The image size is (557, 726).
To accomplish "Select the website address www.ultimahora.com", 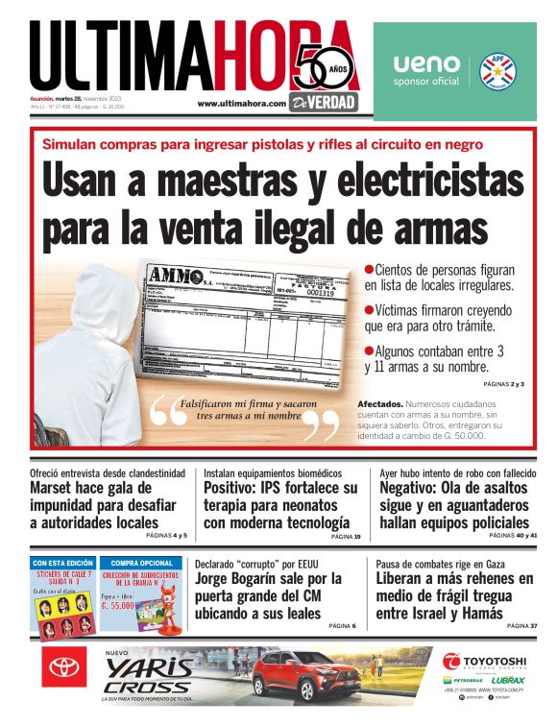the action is pyautogui.click(x=242, y=103).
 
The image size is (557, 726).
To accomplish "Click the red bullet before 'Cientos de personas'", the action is pyautogui.click(x=369, y=271).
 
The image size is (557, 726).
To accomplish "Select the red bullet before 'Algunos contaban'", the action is pyautogui.click(x=369, y=351).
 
